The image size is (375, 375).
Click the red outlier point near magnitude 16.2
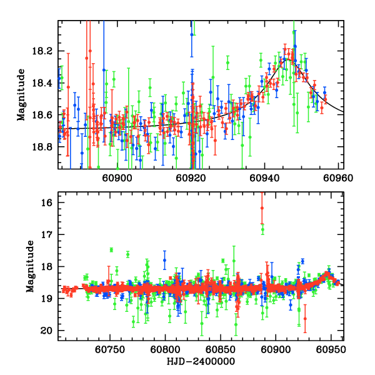pyautogui.click(x=262, y=208)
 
